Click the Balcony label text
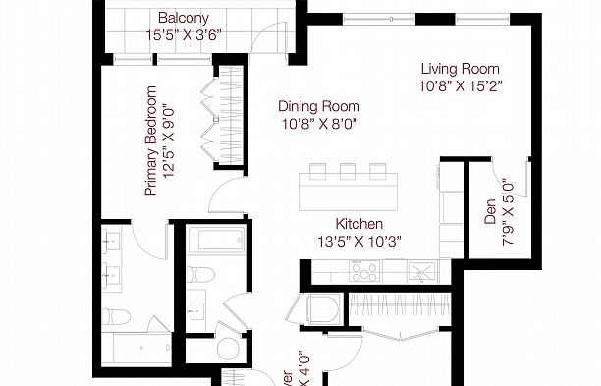(182, 17)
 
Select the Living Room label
(460, 69)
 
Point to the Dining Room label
(318, 106)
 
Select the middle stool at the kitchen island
(348, 171)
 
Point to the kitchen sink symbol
(425, 272)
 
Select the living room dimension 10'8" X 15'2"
(460, 87)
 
